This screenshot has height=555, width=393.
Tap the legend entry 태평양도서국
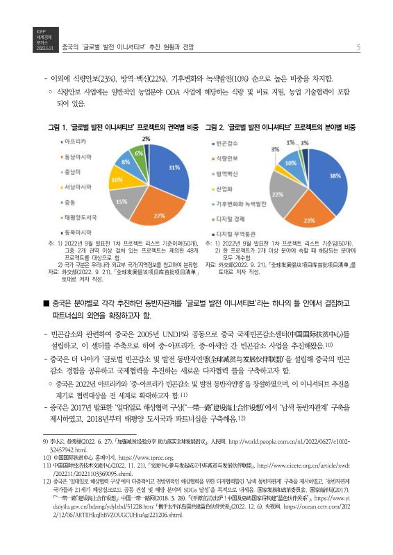tap(79, 217)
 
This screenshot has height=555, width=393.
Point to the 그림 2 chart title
tap(287, 128)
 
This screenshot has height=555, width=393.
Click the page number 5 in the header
tap(358, 48)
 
